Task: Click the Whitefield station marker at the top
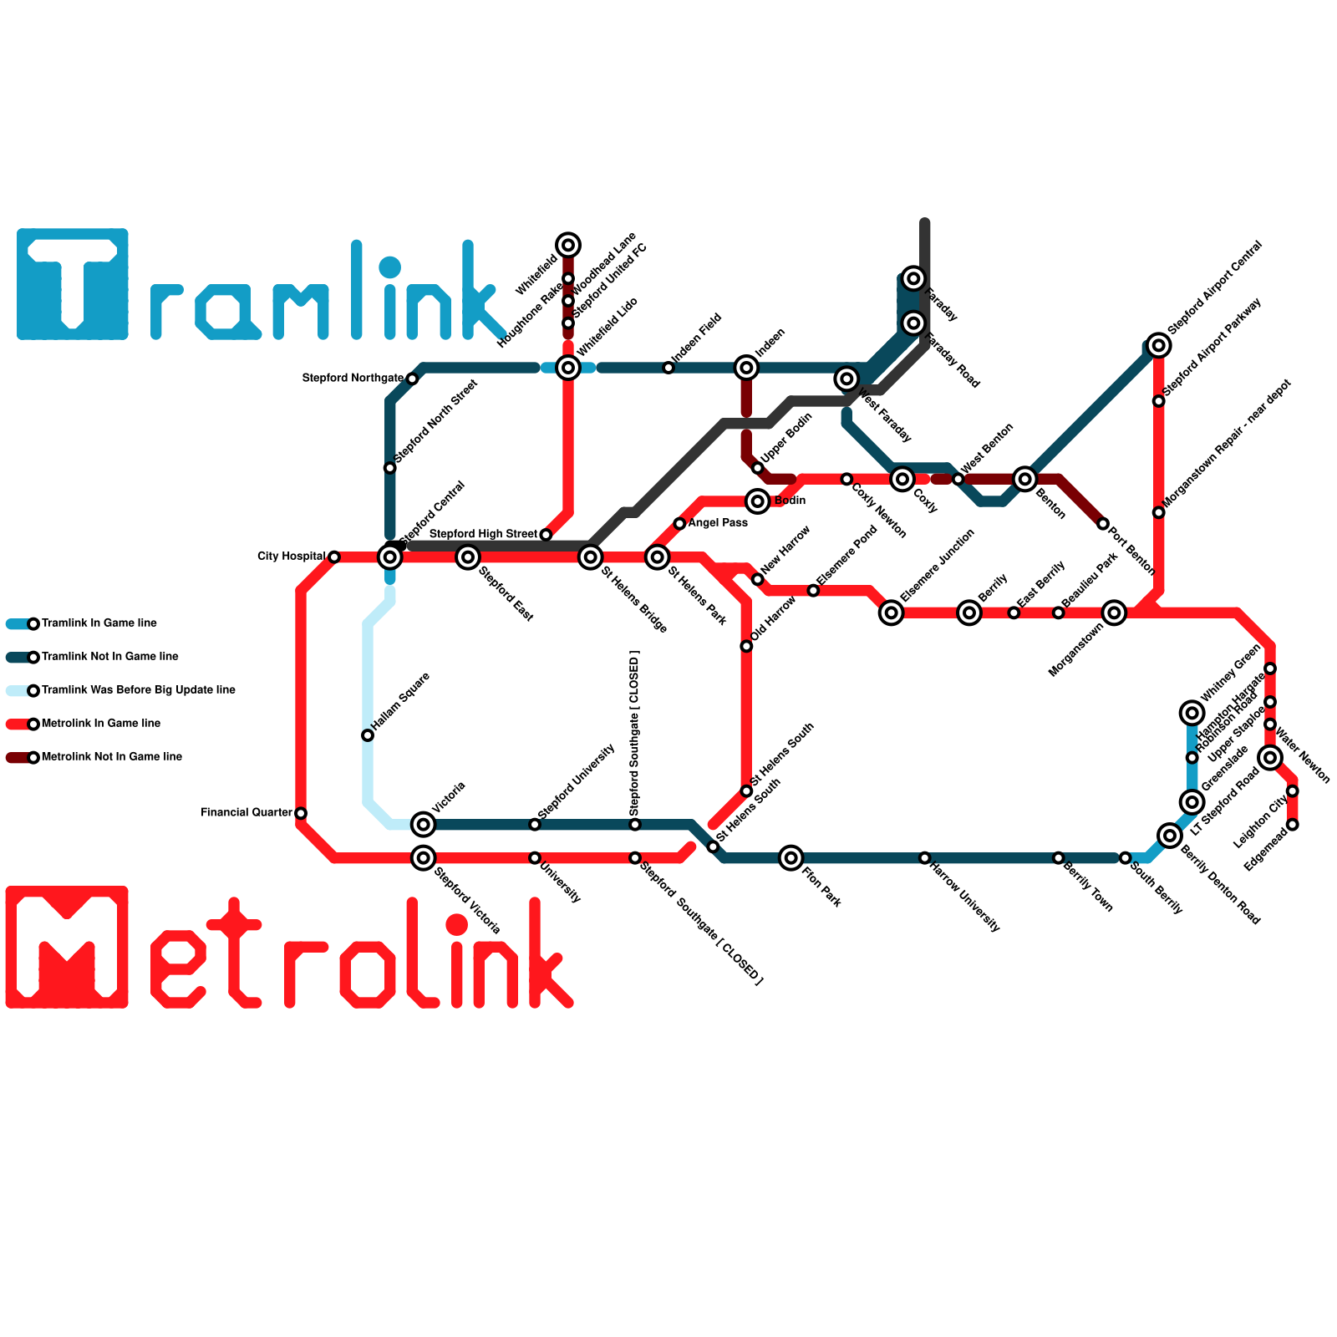pos(568,245)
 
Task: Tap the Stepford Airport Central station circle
pos(1158,345)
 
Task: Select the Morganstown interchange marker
pos(1114,613)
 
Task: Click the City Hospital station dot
pos(334,557)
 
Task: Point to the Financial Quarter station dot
pos(301,813)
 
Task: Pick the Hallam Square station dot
pos(368,735)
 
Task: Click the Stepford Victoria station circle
pos(424,857)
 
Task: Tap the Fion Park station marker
pos(791,857)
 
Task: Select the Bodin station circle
pos(758,501)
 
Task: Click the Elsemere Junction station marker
pos(892,613)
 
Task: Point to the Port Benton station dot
pos(1103,524)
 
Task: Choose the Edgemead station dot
pos(1293,825)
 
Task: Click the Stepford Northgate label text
pos(353,379)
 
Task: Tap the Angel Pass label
pos(718,523)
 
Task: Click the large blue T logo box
pos(73,284)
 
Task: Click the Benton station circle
pos(1025,479)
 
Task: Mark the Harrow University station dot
pos(924,858)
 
